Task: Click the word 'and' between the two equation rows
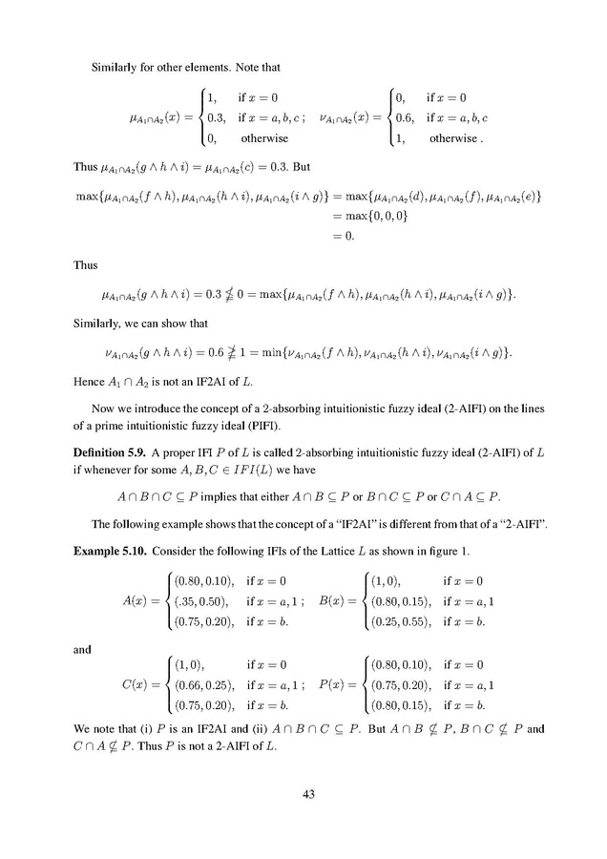83,649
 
